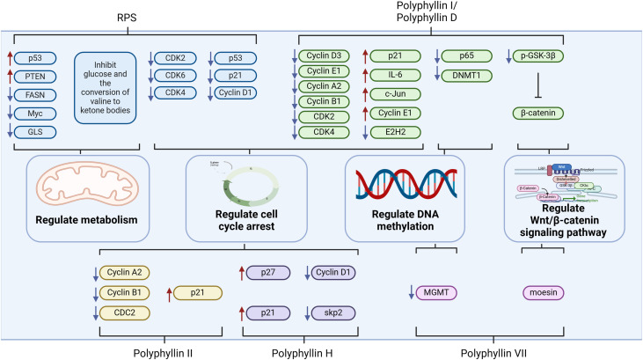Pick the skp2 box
pos(331,313)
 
